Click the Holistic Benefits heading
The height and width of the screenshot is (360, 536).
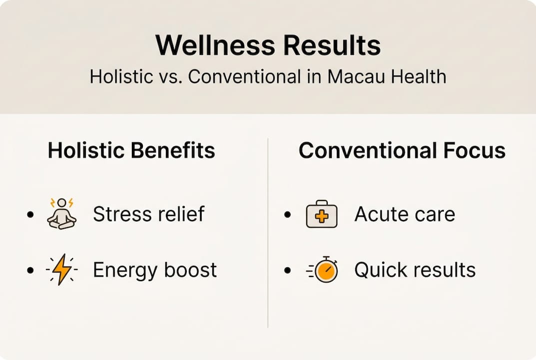131,150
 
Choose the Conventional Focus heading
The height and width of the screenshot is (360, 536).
402,150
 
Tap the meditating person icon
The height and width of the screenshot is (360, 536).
62,214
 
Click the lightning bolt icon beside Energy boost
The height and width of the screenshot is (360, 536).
62,270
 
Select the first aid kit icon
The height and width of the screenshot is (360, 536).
321,214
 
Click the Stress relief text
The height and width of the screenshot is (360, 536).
149,214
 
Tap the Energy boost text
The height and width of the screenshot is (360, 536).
155,270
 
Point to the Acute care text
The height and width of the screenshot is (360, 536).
405,214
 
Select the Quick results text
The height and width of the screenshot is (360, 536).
415,270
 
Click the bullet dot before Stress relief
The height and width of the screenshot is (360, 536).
31,215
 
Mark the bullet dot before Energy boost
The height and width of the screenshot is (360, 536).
31,270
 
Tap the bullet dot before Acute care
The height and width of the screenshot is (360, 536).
287,215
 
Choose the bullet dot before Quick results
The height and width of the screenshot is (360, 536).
287,270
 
